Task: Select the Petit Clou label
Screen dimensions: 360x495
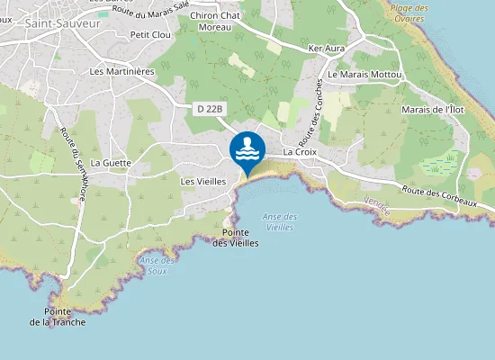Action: point(150,35)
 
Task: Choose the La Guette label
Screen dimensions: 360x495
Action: point(111,163)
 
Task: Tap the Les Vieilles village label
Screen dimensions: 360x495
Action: point(203,181)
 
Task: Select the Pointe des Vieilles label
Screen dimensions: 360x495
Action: point(240,238)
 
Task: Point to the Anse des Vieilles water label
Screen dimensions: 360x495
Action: point(280,221)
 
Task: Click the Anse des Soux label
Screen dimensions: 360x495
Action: point(157,265)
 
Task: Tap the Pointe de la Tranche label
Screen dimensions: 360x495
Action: point(58,317)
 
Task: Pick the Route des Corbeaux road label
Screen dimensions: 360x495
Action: point(439,197)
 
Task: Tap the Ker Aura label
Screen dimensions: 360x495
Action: point(327,47)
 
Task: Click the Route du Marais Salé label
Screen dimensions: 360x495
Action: point(151,7)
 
